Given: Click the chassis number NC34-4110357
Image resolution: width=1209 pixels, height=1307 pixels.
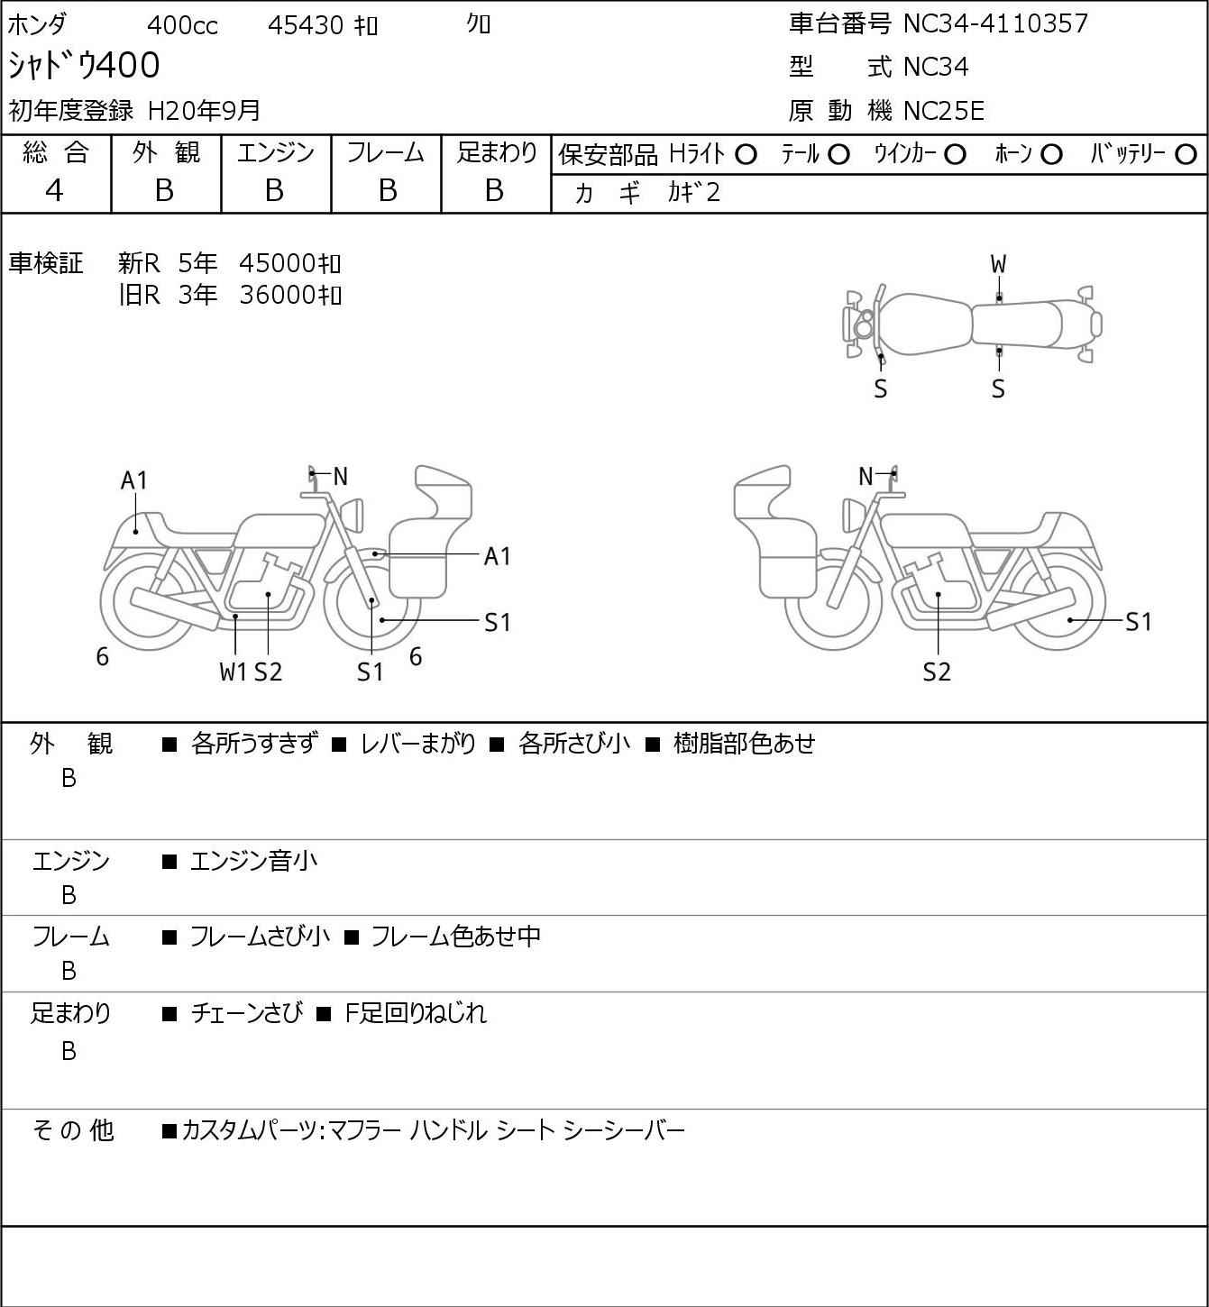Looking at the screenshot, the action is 995,23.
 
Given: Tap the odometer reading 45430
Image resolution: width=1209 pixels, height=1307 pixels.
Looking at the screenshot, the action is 306,25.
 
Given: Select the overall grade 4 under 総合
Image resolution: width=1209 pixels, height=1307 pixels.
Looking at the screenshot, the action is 54,191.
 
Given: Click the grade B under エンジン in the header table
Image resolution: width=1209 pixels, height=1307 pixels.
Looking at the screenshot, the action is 274,191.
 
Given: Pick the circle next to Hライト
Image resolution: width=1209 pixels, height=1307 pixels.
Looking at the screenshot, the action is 746,155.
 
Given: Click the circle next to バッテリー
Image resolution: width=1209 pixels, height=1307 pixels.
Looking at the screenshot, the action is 1186,155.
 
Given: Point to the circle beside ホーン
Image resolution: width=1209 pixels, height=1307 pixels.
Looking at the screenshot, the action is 1051,155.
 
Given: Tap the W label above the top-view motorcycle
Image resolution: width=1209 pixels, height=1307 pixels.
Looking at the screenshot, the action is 998,265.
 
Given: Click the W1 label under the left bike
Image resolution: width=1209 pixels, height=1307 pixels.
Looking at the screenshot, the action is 234,672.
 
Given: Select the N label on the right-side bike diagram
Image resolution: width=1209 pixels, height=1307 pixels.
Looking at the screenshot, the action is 866,476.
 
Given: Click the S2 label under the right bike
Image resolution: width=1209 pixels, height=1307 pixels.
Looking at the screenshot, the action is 937,672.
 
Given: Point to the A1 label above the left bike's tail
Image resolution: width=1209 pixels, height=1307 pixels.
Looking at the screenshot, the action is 133,480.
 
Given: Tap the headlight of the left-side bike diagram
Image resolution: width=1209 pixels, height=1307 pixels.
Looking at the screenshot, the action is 352,515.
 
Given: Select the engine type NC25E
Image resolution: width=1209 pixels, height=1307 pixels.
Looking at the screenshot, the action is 944,111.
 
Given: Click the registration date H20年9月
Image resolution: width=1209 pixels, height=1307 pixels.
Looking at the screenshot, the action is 204,111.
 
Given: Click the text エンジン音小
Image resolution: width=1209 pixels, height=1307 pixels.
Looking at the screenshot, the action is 253,861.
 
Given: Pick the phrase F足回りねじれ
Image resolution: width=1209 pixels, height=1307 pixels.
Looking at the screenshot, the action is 416,1013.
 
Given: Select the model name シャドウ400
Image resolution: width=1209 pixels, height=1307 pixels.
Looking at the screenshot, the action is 84,65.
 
